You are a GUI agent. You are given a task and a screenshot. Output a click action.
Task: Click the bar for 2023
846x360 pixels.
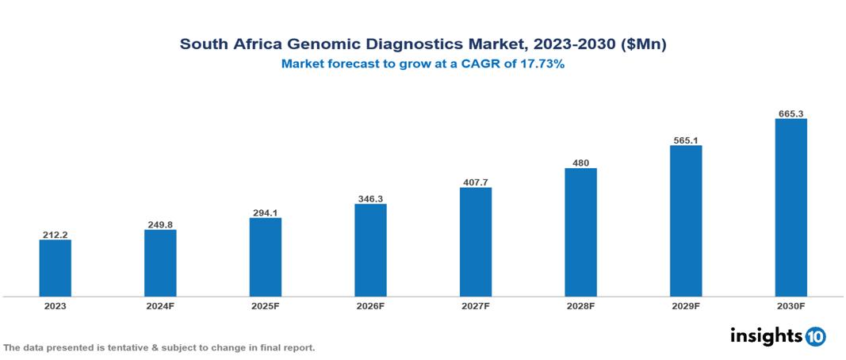tap(56, 268)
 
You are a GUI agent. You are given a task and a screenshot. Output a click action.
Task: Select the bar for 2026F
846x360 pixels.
tap(370, 250)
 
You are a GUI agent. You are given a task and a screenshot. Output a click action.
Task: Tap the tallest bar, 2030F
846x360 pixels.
tap(790, 208)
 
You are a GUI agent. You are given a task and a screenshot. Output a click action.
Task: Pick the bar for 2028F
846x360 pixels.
tap(580, 232)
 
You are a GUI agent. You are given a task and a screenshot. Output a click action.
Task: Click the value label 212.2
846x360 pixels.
tap(56, 235)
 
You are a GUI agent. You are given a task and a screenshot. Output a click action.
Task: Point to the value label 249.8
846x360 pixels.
tap(160, 224)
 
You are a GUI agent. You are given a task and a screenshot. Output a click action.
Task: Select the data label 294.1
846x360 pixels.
tap(266, 213)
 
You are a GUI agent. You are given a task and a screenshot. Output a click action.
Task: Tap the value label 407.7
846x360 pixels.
tap(476, 182)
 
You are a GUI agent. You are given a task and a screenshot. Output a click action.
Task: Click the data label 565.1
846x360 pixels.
tap(686, 140)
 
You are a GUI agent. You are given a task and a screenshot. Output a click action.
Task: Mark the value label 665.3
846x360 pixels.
tap(790, 114)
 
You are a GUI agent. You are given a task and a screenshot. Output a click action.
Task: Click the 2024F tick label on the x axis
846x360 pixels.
tap(160, 305)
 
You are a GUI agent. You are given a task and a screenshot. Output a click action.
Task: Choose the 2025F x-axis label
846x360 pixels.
tap(266, 305)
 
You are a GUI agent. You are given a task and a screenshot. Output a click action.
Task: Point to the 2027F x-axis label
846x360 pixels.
tap(476, 305)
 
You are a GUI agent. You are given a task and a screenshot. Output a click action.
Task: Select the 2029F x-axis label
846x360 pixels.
tap(686, 305)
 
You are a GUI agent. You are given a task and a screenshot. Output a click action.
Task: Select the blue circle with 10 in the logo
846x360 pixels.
tap(816, 336)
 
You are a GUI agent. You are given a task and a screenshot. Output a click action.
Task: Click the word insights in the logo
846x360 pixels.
tap(766, 335)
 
